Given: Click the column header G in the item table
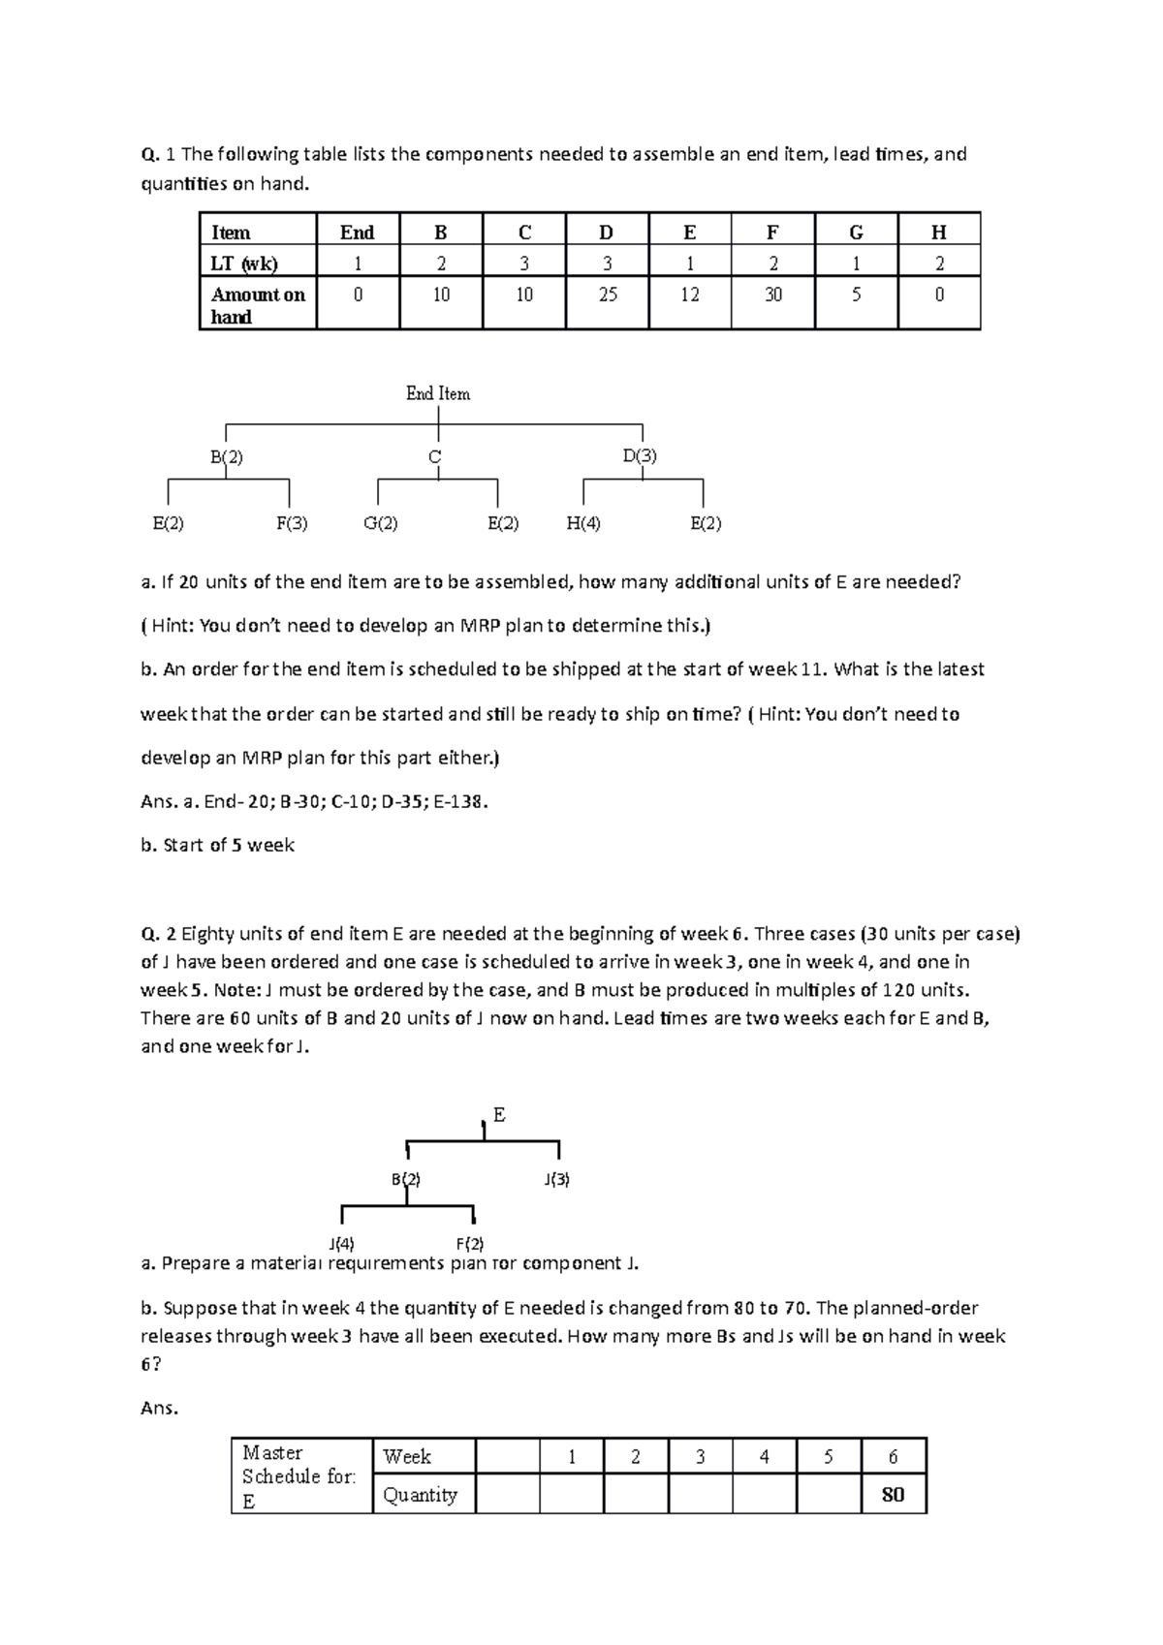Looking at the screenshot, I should pos(856,233).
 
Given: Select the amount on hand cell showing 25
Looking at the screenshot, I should pos(608,295).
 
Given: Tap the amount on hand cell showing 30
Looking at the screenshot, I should pos(772,295).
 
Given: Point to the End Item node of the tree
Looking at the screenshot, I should pos(438,393).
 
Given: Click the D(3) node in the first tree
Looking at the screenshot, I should pos(640,455).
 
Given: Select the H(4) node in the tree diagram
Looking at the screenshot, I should pos(583,523).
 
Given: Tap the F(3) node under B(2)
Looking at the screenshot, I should pos(292,523).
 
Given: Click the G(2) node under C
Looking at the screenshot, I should pos(381,523).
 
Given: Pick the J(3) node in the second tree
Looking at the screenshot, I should pos(556,1179).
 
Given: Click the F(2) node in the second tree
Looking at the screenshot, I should pos(470,1243).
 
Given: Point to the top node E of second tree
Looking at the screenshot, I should pos(499,1115).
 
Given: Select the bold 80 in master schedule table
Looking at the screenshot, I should pos(893,1495).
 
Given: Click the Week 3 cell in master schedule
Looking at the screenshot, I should pos(700,1457).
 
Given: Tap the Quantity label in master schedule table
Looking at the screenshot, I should pos(420,1495).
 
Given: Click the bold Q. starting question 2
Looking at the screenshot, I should pos(149,934).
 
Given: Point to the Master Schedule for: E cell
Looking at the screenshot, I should pos(299,1476).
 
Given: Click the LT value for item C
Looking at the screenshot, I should pos(524,263).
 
